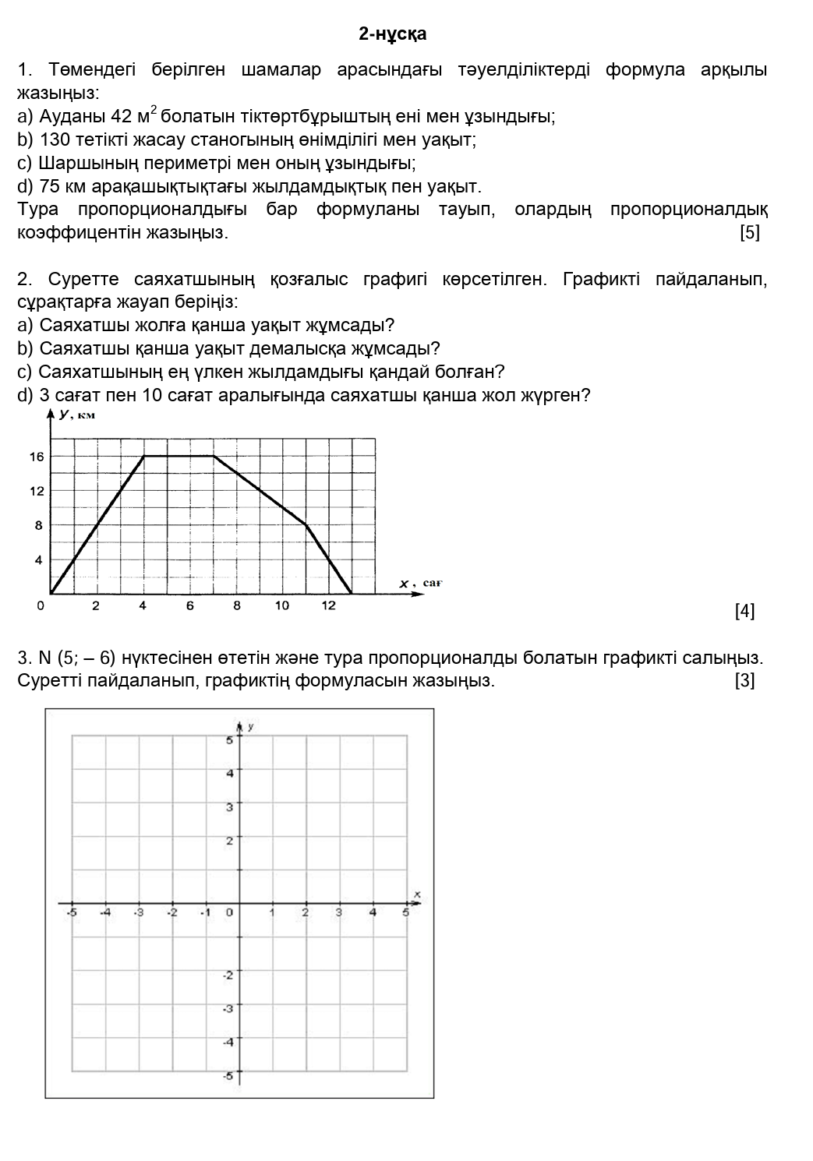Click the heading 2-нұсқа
pos(392,34)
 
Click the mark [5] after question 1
pos(749,233)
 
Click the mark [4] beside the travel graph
pos(744,612)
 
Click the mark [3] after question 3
pos(744,681)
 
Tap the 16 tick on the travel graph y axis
pos(37,457)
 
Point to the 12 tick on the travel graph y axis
pos(37,491)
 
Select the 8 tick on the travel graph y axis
pos(39,525)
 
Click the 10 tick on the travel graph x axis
pos(281,606)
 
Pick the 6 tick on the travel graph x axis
pos(189,606)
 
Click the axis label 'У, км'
pos(76,415)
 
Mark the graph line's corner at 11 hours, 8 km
pos(306,525)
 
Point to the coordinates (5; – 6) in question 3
pos(82,658)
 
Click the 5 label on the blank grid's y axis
pos(229,740)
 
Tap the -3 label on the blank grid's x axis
pos(139,912)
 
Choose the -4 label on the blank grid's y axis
pos(228,1042)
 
